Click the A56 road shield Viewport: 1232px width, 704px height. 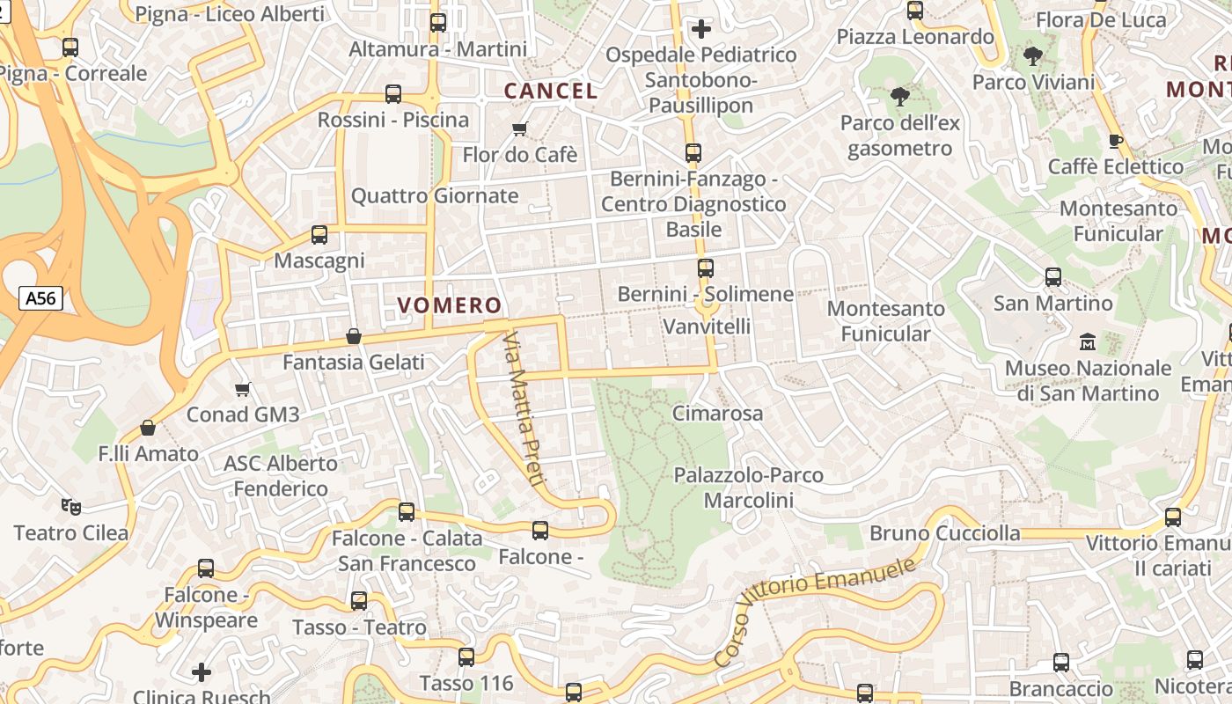click(x=40, y=298)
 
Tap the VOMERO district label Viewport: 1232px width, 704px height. click(x=450, y=305)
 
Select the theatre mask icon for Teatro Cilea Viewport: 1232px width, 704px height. click(x=71, y=506)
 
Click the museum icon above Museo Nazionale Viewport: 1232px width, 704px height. click(x=1088, y=341)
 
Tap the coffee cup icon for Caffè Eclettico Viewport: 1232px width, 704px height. click(x=1116, y=141)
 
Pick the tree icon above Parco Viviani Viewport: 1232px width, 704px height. click(x=1033, y=56)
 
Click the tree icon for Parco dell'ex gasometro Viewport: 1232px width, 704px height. click(x=899, y=97)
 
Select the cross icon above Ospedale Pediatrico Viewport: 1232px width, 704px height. click(x=701, y=29)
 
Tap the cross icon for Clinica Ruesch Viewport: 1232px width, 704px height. click(x=202, y=672)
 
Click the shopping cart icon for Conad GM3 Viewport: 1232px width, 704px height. click(x=243, y=389)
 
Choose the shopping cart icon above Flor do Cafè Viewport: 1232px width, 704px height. click(x=520, y=129)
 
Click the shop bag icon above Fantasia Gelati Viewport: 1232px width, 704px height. click(x=354, y=336)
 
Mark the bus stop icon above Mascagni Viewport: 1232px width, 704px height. click(x=319, y=235)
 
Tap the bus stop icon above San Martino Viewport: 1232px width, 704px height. click(x=1053, y=277)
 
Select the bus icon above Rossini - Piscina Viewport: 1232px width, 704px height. click(x=393, y=94)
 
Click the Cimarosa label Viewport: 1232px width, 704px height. click(x=717, y=413)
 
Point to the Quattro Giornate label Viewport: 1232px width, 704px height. click(x=435, y=195)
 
